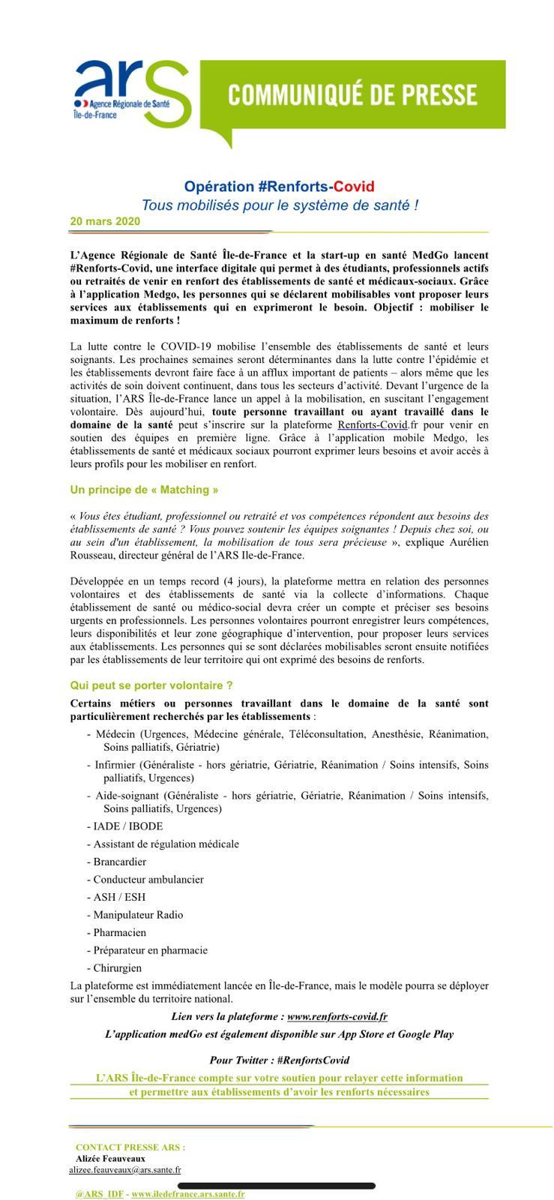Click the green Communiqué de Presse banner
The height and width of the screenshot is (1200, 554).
352,94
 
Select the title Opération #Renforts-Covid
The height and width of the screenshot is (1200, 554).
279,187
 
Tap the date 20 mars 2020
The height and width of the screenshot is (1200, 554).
105,222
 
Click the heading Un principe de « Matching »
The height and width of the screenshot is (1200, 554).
144,490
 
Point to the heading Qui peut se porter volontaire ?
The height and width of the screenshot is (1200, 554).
151,685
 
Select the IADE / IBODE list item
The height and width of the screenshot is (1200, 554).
124,826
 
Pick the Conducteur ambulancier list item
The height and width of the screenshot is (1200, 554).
148,880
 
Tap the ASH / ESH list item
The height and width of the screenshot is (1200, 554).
119,897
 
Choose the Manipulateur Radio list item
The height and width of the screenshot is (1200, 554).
138,915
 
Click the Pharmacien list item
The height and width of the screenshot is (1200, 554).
120,933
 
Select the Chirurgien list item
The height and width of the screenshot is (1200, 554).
117,968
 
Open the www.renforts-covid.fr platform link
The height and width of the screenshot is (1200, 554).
337,1017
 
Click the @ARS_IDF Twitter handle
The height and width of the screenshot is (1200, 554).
99,1193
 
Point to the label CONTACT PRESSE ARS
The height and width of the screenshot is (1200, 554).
130,1147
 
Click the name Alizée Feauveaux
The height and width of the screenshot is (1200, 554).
110,1158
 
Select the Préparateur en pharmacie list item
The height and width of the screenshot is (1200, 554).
150,950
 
